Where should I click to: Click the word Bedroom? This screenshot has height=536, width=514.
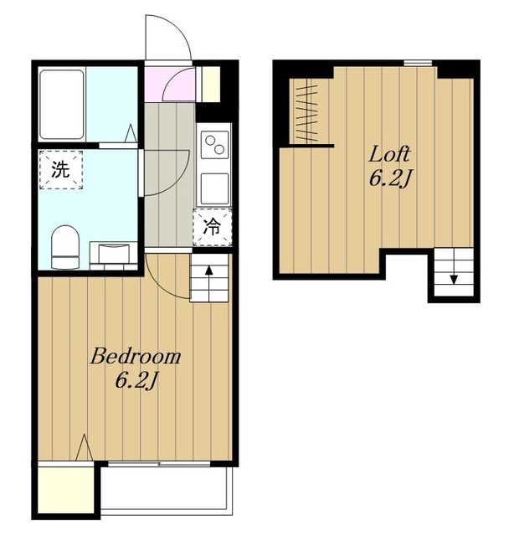136,357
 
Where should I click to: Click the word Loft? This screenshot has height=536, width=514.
389,154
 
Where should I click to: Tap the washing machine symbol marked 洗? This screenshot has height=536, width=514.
61,169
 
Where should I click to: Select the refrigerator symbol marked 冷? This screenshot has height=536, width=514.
213,227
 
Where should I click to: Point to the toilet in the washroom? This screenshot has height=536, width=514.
65,246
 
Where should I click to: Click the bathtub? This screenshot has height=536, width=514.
62,104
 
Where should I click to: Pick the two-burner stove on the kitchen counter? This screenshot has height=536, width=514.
214,145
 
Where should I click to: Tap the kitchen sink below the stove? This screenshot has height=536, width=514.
214,188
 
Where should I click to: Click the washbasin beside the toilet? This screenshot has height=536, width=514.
114,253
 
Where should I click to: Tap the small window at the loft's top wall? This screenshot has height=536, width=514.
418,63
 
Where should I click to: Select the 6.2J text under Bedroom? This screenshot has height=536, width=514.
136,381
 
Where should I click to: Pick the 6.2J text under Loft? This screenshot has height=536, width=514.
389,179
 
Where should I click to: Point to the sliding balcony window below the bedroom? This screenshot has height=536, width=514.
159,464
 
